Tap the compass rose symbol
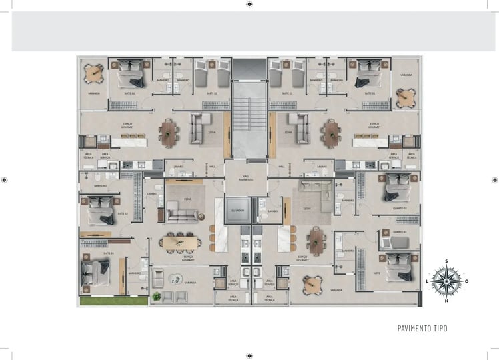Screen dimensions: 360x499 click(x=446, y=281)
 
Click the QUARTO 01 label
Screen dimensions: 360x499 click(x=400, y=231)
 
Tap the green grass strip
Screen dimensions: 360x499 click(x=113, y=301)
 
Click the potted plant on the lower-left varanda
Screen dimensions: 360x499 click(x=157, y=295)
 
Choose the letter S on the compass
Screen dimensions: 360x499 click(x=446, y=262)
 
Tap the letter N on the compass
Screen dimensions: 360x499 click(x=446, y=300)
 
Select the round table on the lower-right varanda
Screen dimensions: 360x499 click(x=312, y=284)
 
